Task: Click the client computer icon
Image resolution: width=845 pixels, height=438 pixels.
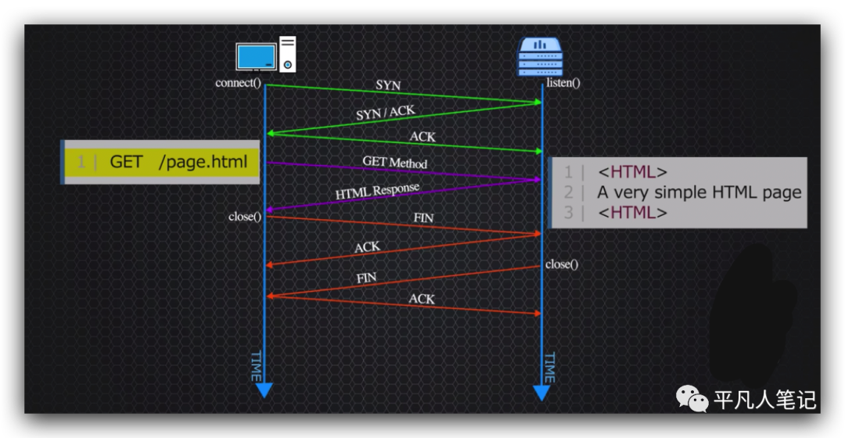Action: coord(266,56)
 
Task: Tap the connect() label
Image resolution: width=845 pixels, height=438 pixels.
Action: coord(238,82)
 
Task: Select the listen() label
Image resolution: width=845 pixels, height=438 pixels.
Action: coord(563,82)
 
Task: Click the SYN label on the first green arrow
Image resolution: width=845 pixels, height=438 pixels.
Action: coord(388,84)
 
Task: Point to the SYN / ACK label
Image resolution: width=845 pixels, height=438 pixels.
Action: coord(385,113)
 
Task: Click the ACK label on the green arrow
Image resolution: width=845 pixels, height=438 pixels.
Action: coord(422,137)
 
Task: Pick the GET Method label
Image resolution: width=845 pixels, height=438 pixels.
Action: coord(394,162)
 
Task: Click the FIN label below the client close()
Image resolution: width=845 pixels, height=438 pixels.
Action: coord(422,217)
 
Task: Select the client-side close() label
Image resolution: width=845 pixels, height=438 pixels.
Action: coord(245,216)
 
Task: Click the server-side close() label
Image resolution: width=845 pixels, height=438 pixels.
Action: coord(562,264)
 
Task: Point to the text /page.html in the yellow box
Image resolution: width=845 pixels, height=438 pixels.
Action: coord(203,162)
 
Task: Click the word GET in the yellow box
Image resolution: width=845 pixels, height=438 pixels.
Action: coord(126,162)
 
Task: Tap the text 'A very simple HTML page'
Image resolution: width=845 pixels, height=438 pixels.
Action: coord(699,192)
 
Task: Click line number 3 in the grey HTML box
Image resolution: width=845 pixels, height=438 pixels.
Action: coord(568,213)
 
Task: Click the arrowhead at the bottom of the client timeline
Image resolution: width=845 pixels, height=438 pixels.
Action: coord(264,389)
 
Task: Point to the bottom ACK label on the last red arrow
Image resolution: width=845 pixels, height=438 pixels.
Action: coord(422,299)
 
